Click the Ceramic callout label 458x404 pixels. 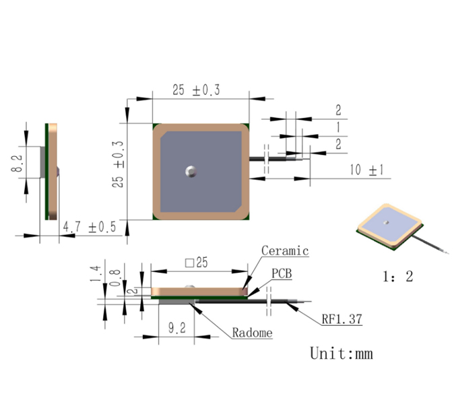tap(285, 251)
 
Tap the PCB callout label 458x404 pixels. tap(282, 273)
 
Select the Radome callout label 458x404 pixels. tap(252, 333)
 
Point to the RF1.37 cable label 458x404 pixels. tap(341, 319)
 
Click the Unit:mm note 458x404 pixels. tap(341, 353)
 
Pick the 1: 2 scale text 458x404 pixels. tap(398, 277)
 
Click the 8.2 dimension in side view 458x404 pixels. tap(17, 163)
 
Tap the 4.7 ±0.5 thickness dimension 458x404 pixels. tap(90, 227)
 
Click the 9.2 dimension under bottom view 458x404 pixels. tap(176, 328)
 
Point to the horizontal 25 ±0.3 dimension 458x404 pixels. tap(196, 90)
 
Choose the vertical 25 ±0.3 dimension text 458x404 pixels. tap(118, 164)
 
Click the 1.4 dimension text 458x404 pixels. tap(95, 274)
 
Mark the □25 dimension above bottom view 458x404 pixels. tap(196, 263)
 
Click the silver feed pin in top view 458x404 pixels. tap(191, 171)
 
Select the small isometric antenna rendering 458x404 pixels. tap(402, 228)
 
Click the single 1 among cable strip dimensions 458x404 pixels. tap(338, 127)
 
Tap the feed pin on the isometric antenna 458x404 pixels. tap(386, 222)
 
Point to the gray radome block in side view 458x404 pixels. tap(42, 162)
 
